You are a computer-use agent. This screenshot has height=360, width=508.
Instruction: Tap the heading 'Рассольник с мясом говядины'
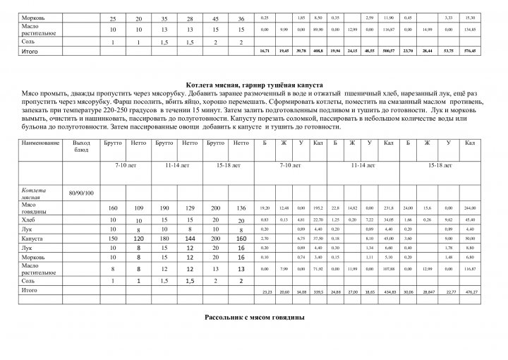coord(254,317)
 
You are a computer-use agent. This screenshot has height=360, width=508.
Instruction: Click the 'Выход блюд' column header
coord(82,147)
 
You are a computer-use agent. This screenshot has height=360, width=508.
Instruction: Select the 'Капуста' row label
coord(32,239)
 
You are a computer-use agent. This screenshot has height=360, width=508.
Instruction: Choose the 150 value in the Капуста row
coord(112,239)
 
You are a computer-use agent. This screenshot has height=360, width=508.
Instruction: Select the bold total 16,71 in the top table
coord(265,52)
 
